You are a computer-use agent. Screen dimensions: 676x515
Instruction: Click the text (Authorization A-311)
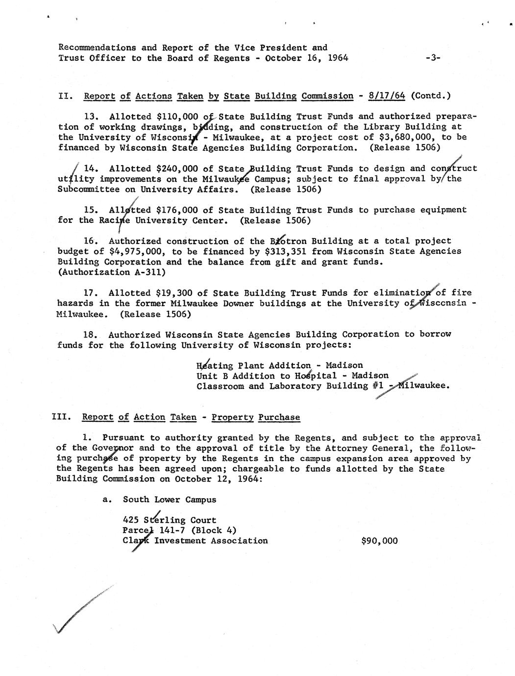[104, 272]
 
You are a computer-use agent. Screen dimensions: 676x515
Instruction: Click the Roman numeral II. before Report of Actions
[66, 96]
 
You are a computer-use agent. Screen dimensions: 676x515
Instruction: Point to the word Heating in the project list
[215, 366]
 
